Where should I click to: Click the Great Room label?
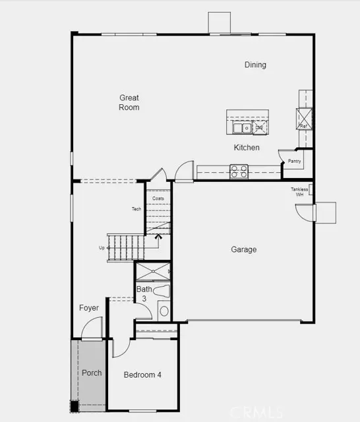(x=129, y=102)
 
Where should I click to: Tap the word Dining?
(x=255, y=65)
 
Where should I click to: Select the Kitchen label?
(x=247, y=148)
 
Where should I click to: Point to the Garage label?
(x=243, y=250)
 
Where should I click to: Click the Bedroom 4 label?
(x=142, y=375)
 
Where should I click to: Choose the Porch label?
(x=92, y=373)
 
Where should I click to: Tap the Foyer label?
(x=89, y=308)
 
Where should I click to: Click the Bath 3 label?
(x=144, y=294)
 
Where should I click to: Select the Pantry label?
(x=294, y=161)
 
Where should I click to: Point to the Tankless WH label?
(x=299, y=192)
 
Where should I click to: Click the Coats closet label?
(x=158, y=198)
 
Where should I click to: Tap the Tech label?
(x=136, y=209)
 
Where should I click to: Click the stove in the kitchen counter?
(x=238, y=171)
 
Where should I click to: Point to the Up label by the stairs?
(x=102, y=248)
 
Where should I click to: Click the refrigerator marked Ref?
(x=305, y=119)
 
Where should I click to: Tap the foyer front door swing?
(x=92, y=328)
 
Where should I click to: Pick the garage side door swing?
(x=305, y=213)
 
